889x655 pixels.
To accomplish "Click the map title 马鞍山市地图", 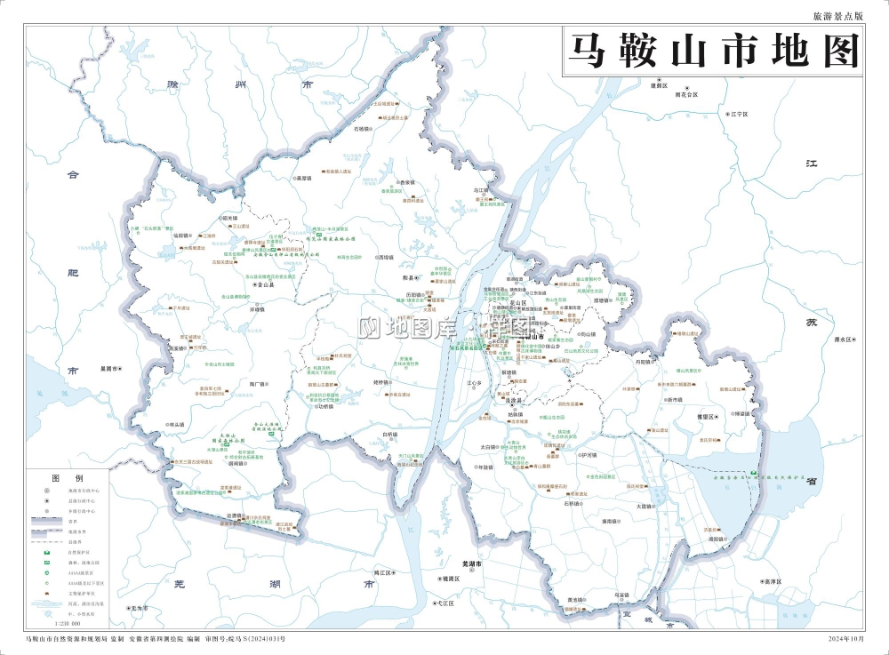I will (714, 52).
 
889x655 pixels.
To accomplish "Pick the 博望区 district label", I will (708, 415).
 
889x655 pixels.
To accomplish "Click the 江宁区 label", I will (739, 115).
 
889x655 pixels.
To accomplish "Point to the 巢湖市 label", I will (110, 368).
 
